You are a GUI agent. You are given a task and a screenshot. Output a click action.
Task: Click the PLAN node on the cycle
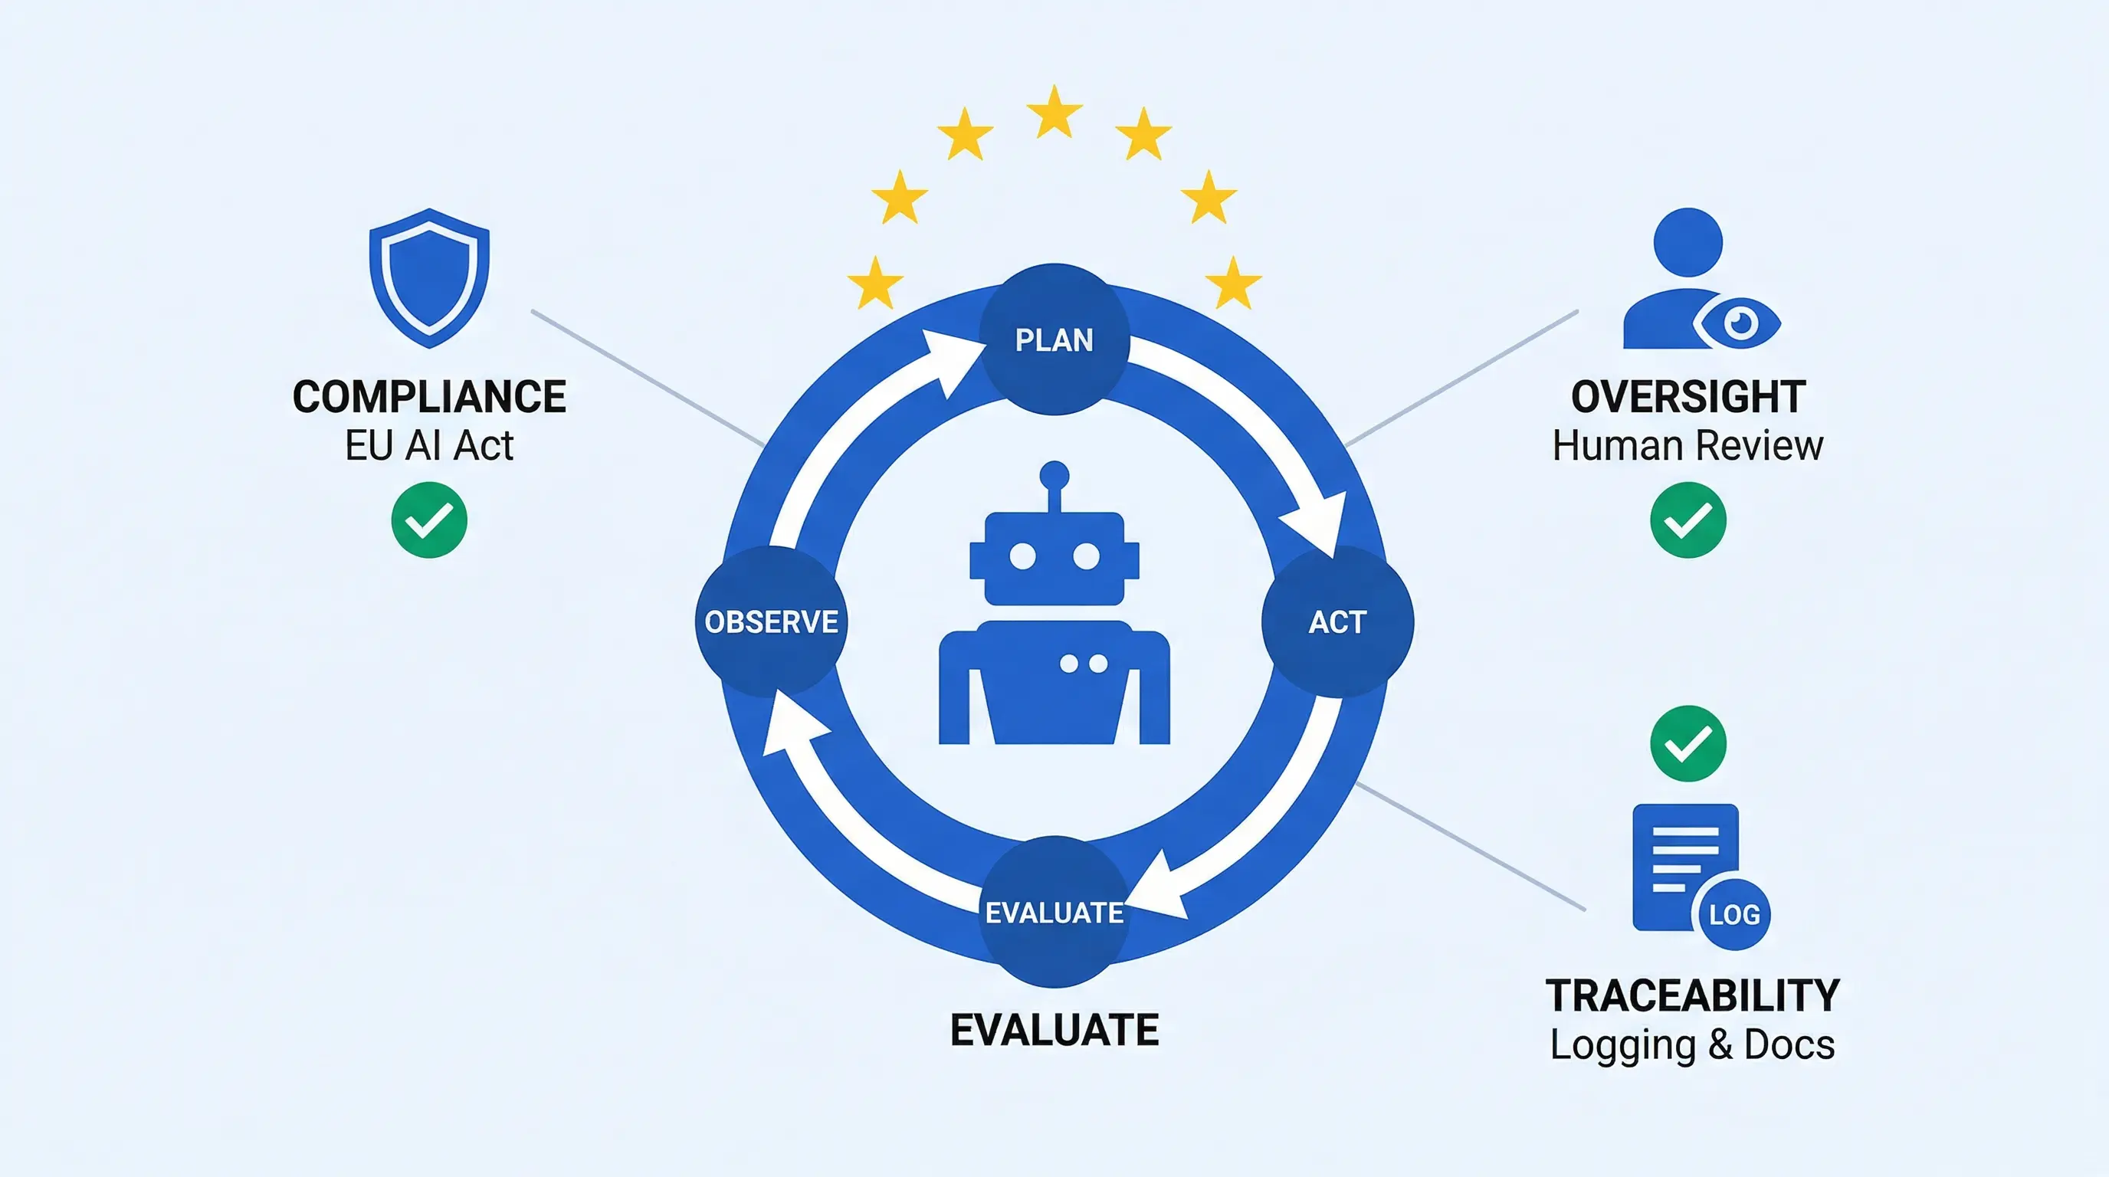(1054, 339)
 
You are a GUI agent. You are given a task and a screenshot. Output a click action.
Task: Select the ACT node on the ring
(1338, 622)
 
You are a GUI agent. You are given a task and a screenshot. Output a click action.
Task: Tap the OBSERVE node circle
(770, 622)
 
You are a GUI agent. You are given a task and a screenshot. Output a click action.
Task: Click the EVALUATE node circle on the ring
(1054, 912)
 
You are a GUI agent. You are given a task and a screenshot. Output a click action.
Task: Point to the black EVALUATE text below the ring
(1054, 1030)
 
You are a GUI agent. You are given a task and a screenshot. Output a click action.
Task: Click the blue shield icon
(429, 278)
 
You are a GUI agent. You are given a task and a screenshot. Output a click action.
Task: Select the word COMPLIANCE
(429, 397)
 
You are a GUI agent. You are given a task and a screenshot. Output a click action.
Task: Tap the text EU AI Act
(429, 446)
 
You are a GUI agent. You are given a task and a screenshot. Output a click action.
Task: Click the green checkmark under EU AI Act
(429, 520)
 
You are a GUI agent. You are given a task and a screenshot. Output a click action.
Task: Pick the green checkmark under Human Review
(1688, 520)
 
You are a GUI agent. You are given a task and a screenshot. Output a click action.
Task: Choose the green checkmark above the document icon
(1688, 743)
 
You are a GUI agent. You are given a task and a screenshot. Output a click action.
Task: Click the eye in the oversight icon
(1739, 323)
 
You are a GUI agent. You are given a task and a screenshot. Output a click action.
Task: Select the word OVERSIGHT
(1688, 397)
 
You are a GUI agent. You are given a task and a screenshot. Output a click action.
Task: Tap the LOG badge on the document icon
(1734, 914)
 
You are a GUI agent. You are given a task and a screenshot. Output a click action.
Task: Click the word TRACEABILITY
(1692, 996)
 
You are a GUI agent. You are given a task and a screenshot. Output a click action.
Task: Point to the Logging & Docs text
(1692, 1045)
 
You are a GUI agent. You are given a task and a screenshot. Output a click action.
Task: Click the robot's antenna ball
(1054, 476)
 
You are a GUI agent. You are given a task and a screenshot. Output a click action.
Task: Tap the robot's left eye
(1022, 556)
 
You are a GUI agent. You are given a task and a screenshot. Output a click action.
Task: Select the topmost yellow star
(1054, 112)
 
